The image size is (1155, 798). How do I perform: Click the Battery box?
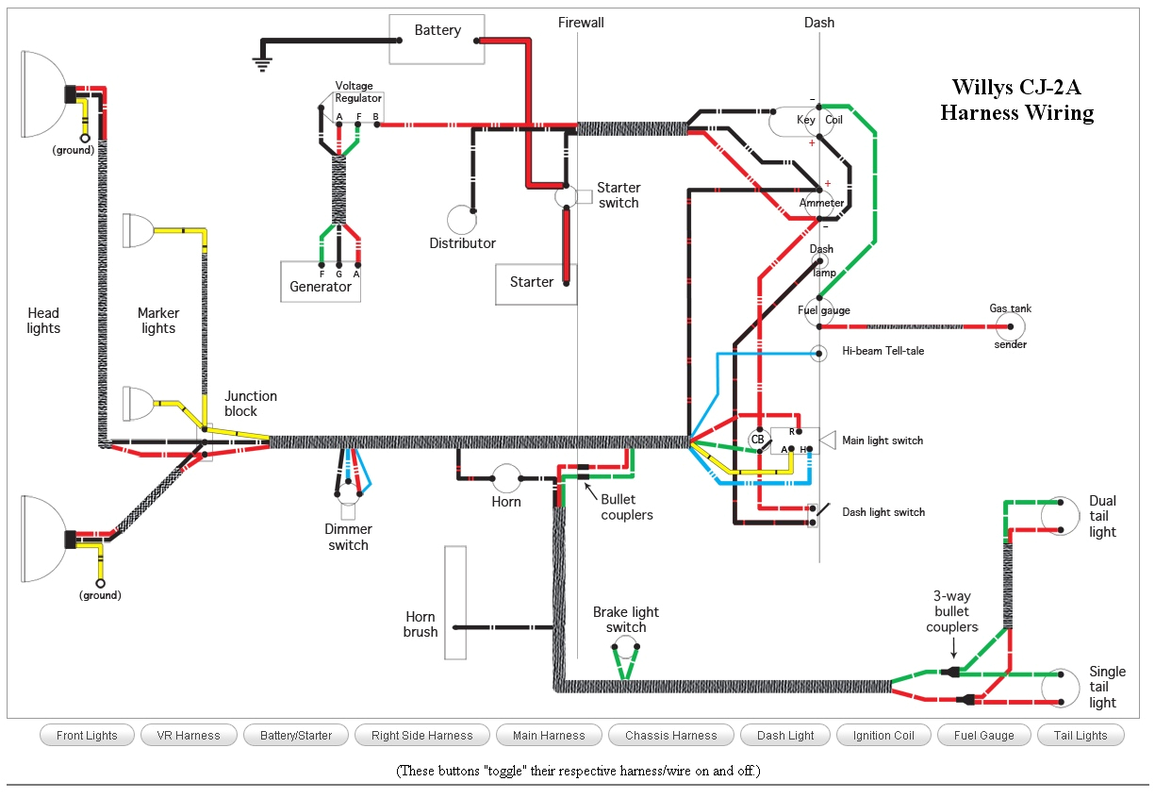(437, 40)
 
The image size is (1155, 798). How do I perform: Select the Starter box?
(535, 284)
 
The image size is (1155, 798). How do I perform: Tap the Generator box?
(321, 282)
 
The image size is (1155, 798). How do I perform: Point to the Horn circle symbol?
(507, 477)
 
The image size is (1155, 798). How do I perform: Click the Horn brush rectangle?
(455, 603)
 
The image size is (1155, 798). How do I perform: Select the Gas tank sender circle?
(1010, 326)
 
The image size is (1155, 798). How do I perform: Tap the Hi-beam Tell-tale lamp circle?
(819, 354)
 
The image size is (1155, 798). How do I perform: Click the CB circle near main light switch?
(757, 440)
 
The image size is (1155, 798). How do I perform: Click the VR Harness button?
(189, 736)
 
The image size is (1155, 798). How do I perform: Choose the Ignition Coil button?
(883, 736)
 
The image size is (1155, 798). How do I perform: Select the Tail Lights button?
(1081, 736)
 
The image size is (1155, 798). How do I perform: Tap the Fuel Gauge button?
(983, 736)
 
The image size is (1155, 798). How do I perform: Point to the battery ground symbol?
(261, 62)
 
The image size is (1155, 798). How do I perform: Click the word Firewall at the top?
(581, 23)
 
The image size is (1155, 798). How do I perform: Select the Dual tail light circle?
(1060, 515)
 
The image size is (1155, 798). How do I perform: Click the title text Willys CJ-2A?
(1015, 88)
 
